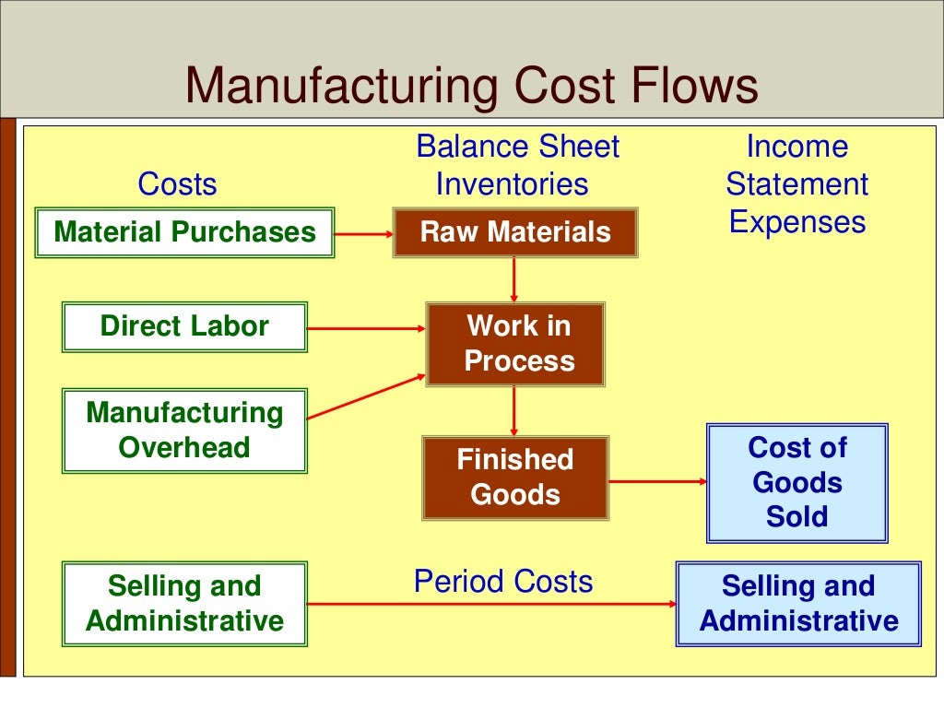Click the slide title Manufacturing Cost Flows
point(471,86)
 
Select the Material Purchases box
point(184,231)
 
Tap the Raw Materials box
point(515,231)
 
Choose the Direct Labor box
point(184,326)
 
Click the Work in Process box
point(515,343)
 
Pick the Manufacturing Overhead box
point(184,430)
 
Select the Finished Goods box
point(515,477)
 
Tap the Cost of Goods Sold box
point(796,482)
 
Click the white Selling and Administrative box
point(184,603)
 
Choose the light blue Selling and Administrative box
point(798,603)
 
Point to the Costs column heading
point(177,184)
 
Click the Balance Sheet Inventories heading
point(516,166)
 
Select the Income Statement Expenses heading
point(796,184)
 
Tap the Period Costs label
point(503,582)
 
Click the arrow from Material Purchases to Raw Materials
point(363,233)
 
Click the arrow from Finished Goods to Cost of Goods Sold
point(657,480)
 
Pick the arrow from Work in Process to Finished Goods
point(514,410)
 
